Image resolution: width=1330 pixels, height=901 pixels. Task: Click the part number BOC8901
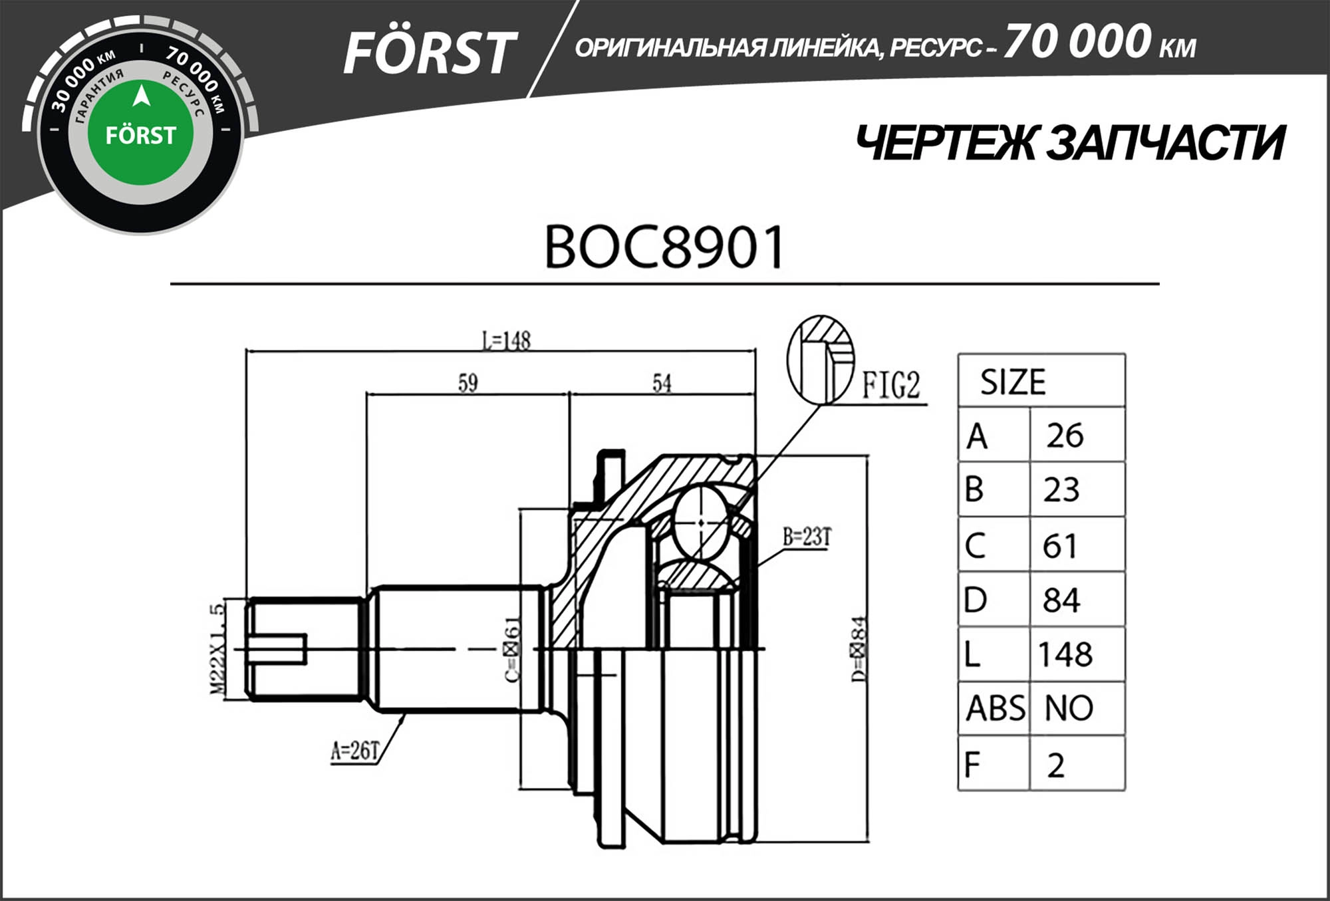point(664,248)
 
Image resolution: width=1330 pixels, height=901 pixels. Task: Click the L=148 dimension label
point(506,340)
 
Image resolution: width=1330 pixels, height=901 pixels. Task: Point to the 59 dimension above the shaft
point(467,383)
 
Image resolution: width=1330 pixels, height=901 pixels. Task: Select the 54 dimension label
point(662,383)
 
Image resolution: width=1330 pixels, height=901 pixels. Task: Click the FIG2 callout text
point(890,386)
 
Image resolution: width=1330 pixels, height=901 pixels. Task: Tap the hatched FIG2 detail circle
point(820,360)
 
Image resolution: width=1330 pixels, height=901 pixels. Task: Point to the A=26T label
point(355,751)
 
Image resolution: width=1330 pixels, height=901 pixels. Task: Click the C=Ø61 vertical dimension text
point(513,650)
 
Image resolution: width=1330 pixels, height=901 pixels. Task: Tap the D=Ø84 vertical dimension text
point(859,650)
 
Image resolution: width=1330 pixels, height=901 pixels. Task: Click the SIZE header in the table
point(1012,382)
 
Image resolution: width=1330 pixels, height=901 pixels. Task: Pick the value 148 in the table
point(1065,654)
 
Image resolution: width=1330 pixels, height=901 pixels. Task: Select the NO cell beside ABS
point(1069,708)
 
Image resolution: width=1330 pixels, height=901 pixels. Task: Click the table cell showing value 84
point(1061,600)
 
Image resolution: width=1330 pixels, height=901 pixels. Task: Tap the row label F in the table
point(972,765)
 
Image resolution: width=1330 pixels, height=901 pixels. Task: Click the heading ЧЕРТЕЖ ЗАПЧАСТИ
point(1070,144)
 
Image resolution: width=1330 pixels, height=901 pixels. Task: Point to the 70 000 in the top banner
point(1077,41)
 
